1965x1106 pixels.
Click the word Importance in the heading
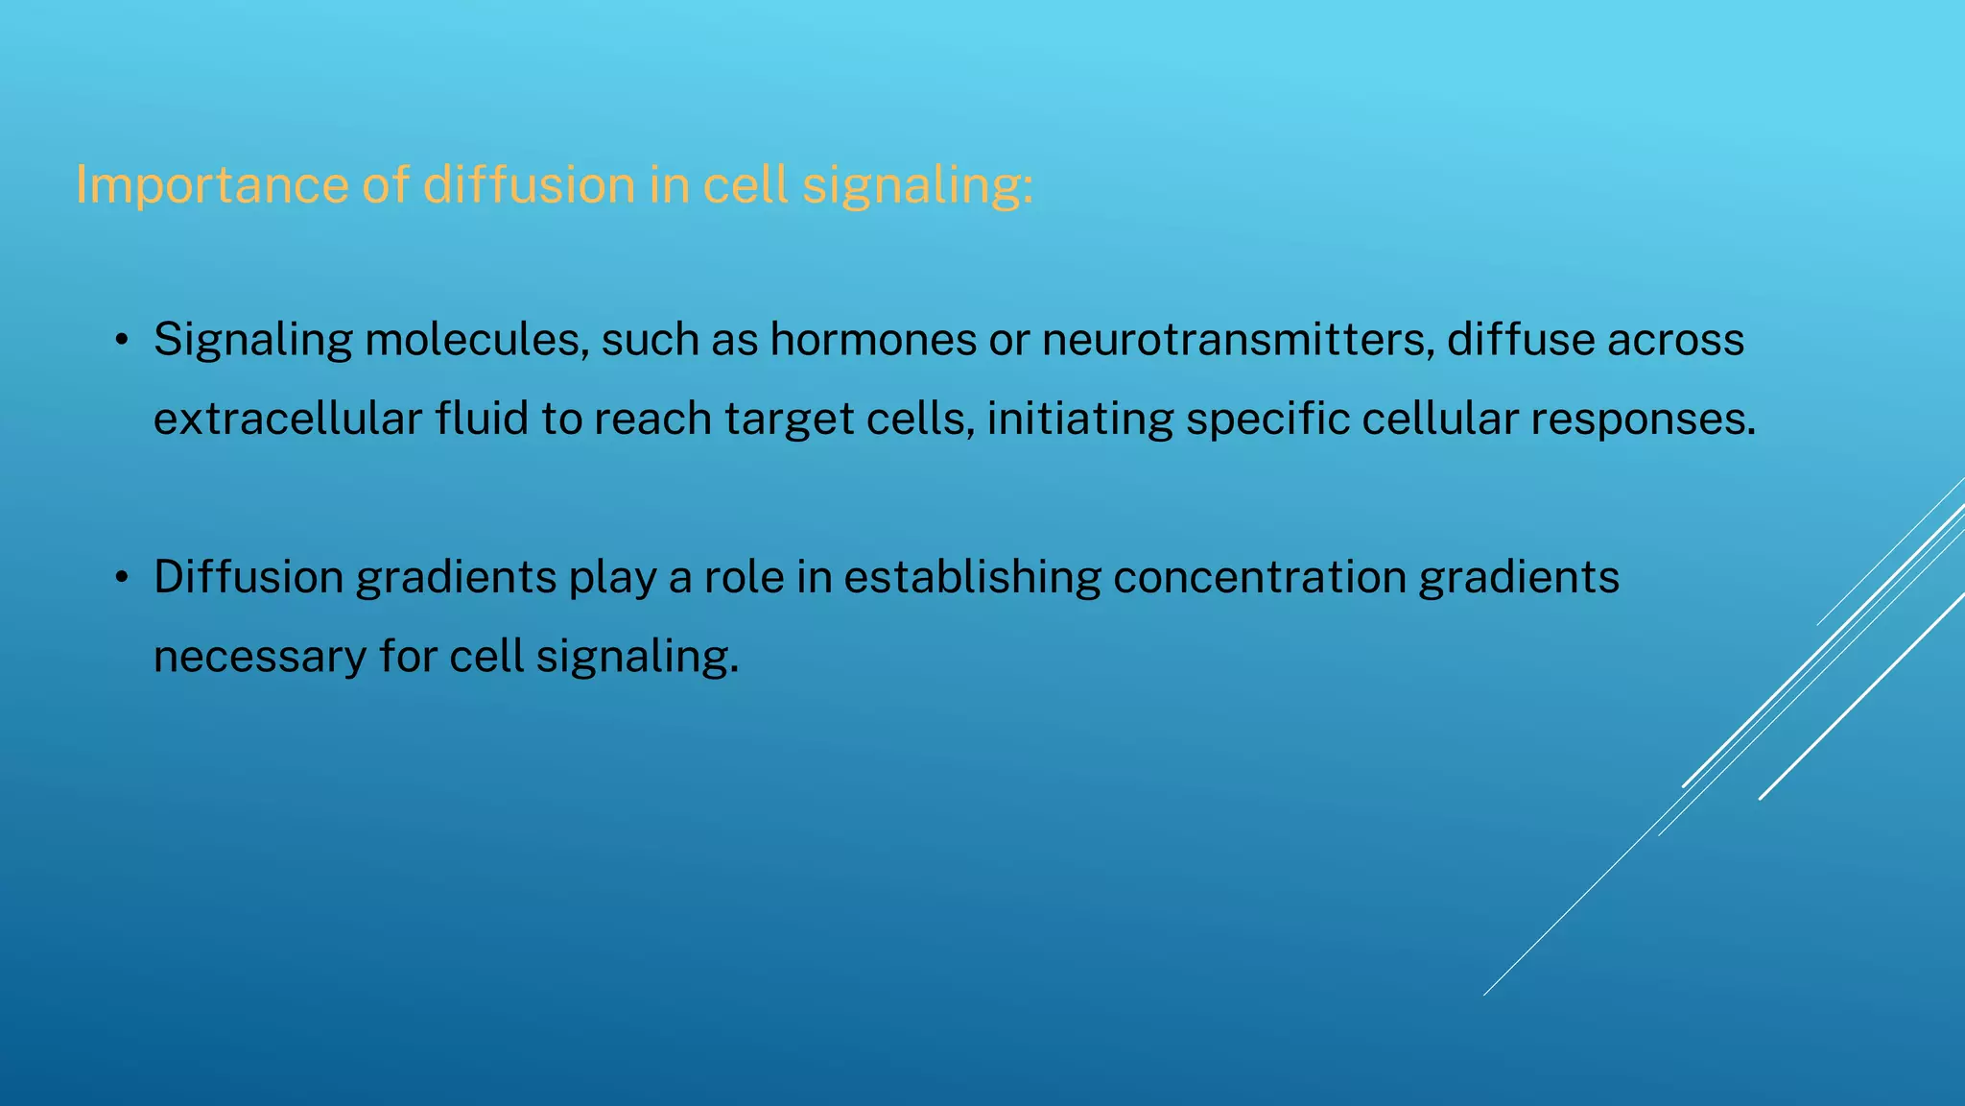point(211,184)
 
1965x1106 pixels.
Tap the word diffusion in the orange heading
point(529,184)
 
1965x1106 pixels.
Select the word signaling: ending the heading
point(917,184)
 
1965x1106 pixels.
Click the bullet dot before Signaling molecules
point(121,341)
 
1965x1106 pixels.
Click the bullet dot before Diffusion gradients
point(121,578)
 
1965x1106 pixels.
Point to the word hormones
point(873,340)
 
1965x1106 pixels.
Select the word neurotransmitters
point(1238,340)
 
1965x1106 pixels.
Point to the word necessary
point(260,658)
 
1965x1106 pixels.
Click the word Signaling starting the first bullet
point(253,340)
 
